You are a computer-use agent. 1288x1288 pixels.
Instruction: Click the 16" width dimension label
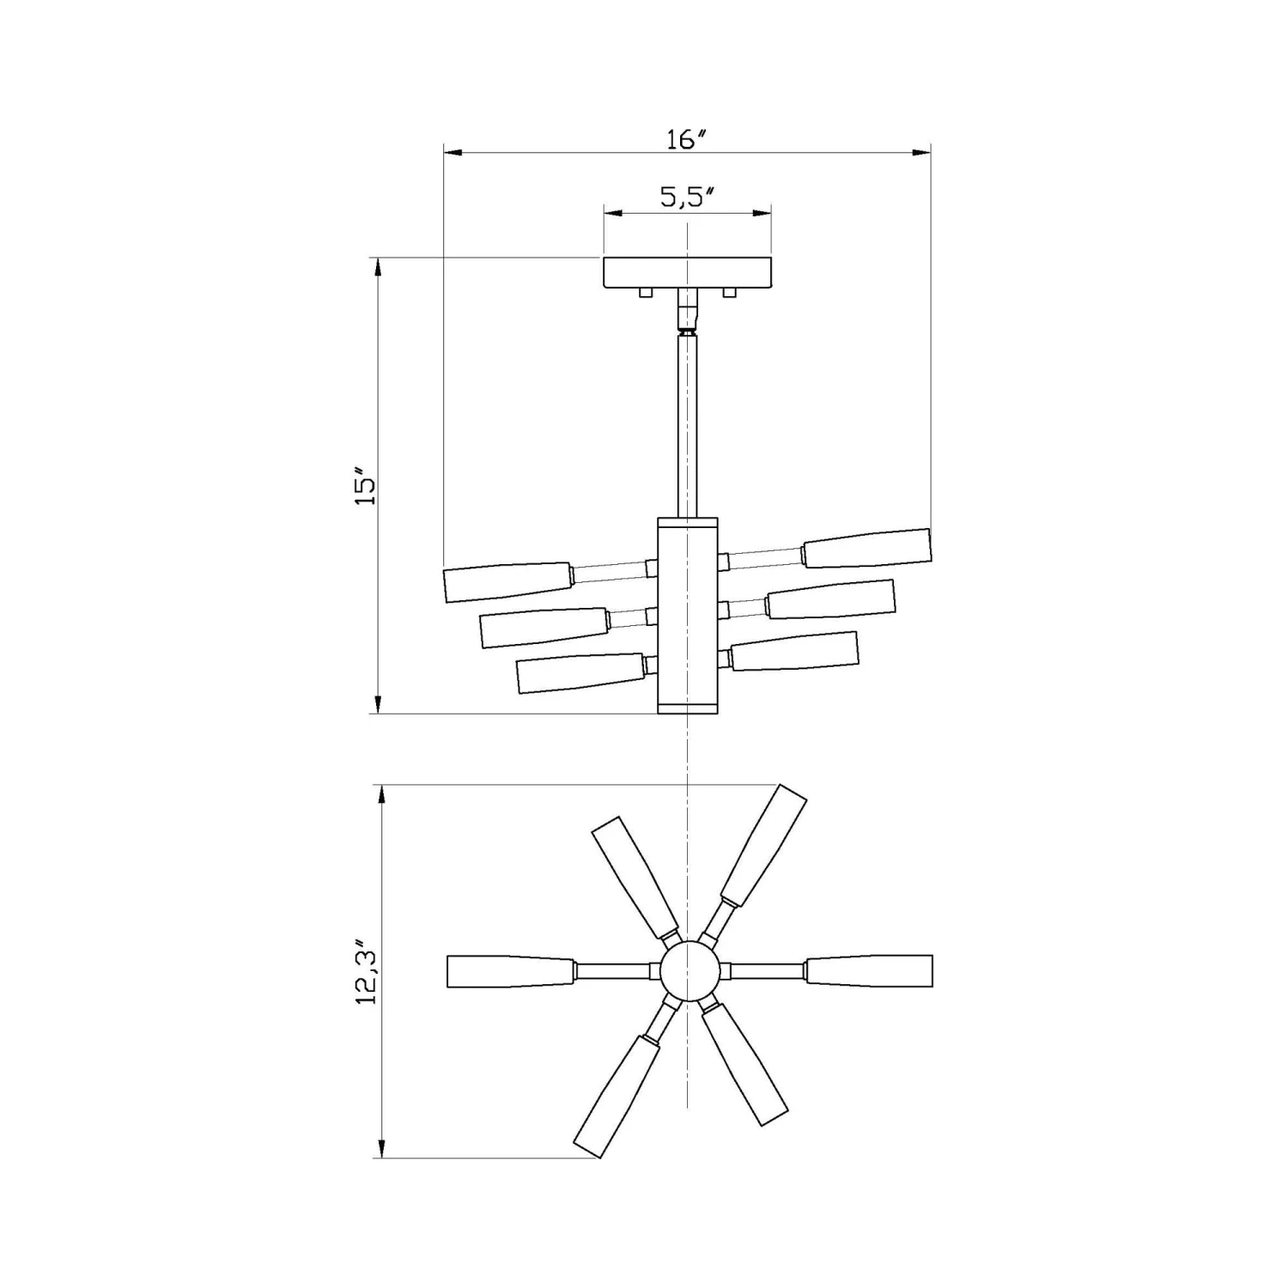pos(686,139)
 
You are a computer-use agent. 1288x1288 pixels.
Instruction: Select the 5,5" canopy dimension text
pos(688,197)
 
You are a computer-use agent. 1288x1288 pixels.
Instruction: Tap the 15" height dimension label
pos(366,486)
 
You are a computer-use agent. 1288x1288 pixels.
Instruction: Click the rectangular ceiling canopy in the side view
pos(687,272)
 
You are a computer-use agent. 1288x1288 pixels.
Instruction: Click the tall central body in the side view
pos(687,614)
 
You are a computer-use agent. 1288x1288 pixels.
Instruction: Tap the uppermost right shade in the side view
pos(866,548)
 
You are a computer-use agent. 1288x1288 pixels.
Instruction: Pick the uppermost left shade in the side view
pos(507,581)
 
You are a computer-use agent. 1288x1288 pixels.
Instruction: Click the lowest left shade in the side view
pos(580,673)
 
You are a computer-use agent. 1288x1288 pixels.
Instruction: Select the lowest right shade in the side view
pos(794,651)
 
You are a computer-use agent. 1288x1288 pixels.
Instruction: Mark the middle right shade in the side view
pos(830,598)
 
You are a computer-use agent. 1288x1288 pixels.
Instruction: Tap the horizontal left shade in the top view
pos(510,971)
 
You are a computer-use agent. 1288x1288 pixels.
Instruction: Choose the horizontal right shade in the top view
pos(868,970)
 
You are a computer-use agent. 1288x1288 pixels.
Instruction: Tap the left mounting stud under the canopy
pos(646,293)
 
